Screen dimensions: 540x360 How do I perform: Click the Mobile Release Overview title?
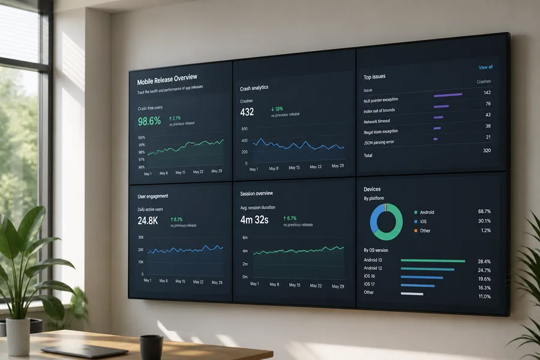tap(167, 79)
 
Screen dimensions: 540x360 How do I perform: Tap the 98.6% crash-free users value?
tap(149, 121)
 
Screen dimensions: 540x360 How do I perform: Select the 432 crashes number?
tap(247, 112)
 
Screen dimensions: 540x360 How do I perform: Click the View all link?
tap(485, 67)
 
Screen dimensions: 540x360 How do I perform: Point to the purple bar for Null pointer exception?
tap(448, 95)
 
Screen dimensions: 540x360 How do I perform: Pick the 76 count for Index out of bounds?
tap(488, 104)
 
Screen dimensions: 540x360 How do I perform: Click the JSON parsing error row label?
tap(379, 142)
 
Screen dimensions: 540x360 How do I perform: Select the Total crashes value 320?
tap(487, 151)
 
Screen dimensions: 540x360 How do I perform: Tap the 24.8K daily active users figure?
tap(148, 220)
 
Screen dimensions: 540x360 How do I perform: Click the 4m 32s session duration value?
tap(254, 220)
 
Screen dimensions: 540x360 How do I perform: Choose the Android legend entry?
tap(424, 212)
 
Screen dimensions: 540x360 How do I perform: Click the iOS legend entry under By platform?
tap(421, 221)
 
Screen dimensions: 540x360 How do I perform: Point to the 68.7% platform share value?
tap(484, 211)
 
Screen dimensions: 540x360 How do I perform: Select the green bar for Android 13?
tap(433, 261)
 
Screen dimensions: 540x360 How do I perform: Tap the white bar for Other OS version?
tap(412, 293)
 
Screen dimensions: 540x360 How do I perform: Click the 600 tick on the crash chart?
tap(245, 129)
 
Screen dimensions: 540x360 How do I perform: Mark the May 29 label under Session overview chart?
tap(338, 286)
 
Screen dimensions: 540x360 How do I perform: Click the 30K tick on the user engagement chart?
tap(141, 238)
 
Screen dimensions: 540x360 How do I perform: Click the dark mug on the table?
tap(151, 347)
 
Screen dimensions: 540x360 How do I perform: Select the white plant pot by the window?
tap(17, 337)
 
